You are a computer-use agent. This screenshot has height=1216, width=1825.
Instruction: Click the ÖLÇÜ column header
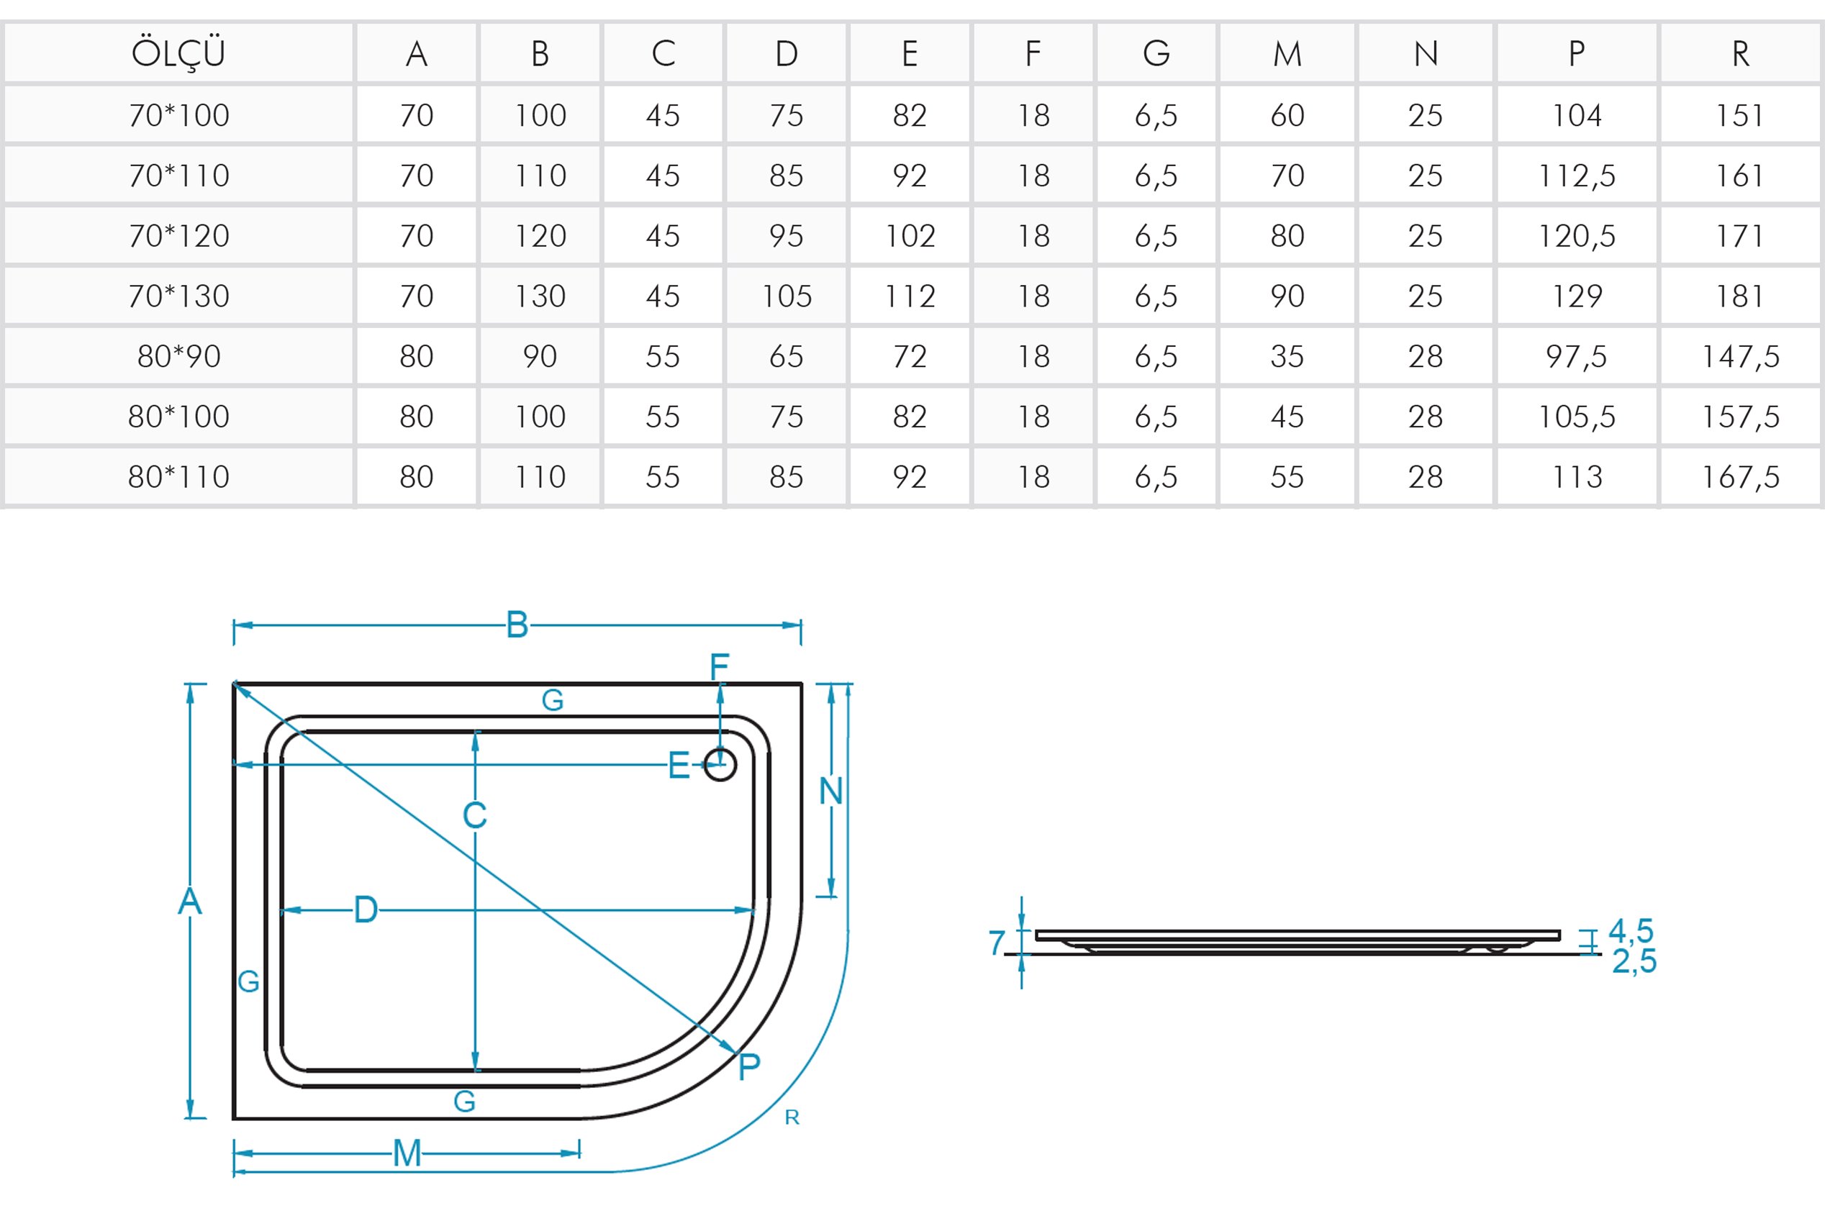click(178, 53)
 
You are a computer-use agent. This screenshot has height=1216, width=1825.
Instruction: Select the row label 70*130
click(178, 296)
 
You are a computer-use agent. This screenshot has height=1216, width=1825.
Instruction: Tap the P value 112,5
click(1576, 176)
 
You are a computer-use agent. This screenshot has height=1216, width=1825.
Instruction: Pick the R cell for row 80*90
click(1739, 357)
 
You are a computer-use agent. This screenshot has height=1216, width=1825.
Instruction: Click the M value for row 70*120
click(1287, 236)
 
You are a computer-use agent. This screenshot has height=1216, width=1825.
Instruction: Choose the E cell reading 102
click(910, 236)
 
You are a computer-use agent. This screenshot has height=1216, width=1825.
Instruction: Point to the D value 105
click(787, 296)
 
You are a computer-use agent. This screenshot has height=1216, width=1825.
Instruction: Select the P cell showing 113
click(1576, 477)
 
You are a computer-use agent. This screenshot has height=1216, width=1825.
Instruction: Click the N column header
click(1426, 53)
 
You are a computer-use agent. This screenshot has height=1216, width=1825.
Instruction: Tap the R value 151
click(1739, 116)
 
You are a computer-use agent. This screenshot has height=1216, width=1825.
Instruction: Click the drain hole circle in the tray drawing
click(720, 766)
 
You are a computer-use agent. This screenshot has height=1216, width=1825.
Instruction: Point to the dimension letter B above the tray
click(517, 625)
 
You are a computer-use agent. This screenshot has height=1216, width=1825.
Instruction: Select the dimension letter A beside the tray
click(190, 901)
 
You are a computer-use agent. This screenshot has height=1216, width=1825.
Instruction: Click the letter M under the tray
click(407, 1153)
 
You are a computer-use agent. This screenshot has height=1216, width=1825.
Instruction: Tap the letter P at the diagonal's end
click(749, 1067)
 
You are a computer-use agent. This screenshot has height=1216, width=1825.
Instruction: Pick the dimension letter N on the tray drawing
click(830, 791)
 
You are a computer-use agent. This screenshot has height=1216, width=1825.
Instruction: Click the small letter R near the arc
click(792, 1117)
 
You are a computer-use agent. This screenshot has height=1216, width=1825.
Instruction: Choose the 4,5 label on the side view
click(1631, 930)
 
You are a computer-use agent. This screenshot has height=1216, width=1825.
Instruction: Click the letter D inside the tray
click(366, 909)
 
